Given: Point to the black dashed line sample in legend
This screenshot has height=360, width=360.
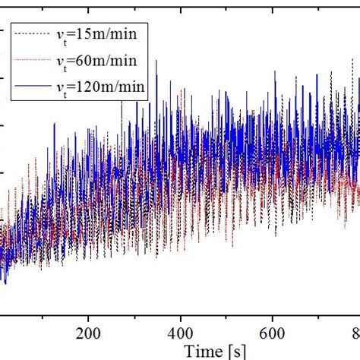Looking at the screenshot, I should pos(36,33).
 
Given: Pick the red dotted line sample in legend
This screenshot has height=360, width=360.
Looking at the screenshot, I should pos(36,60).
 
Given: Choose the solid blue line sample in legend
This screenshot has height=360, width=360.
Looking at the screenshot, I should pos(36,87).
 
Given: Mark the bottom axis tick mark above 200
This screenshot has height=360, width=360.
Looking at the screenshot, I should pos(89,310).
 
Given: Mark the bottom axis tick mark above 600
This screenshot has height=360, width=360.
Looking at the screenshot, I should pos(273,310).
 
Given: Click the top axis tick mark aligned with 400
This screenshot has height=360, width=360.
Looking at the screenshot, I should pos(181,4).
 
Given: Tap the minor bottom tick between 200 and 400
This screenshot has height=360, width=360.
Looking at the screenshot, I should pos(135,311).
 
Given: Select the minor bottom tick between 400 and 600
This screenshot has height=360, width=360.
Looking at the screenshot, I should pos(227,311).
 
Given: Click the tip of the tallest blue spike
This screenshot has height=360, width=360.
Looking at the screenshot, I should pos(156,61).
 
